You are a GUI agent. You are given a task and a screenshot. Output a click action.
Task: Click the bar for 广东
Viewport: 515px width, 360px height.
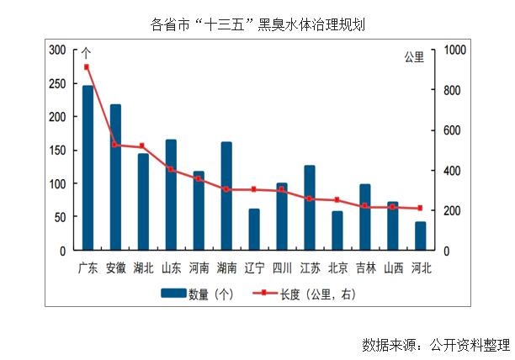tap(88, 168)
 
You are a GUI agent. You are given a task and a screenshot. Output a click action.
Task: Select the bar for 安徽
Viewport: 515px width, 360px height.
tap(115, 177)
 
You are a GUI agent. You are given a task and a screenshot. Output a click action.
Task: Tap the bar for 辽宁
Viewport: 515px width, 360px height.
tap(254, 230)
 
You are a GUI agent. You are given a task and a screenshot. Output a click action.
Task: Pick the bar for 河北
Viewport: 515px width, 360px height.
tap(421, 236)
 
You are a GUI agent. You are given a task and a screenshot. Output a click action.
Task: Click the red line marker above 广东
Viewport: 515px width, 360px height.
tap(88, 67)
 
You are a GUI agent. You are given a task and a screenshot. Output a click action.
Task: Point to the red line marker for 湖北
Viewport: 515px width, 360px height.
tap(143, 146)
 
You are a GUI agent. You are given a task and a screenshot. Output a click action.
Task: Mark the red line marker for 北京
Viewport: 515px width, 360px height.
tap(337, 200)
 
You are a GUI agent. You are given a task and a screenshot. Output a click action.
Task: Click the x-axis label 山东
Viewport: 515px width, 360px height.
tap(171, 268)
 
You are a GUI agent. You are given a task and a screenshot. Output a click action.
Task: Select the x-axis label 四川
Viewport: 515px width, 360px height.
tap(282, 268)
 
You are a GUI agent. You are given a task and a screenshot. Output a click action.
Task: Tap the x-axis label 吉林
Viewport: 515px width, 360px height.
tap(365, 268)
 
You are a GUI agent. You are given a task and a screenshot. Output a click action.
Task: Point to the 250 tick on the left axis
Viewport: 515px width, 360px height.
tap(56, 83)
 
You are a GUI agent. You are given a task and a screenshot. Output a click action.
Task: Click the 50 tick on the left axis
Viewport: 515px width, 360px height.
tap(59, 217)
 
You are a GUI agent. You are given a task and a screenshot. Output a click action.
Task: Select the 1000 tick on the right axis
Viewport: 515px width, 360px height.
tap(453, 50)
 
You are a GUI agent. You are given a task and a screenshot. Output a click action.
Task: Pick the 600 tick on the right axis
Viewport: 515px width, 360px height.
tap(450, 130)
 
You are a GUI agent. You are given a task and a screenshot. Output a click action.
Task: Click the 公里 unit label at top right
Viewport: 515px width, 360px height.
tap(415, 57)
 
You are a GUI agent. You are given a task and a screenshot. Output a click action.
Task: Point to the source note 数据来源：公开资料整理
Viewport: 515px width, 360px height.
tap(436, 344)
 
